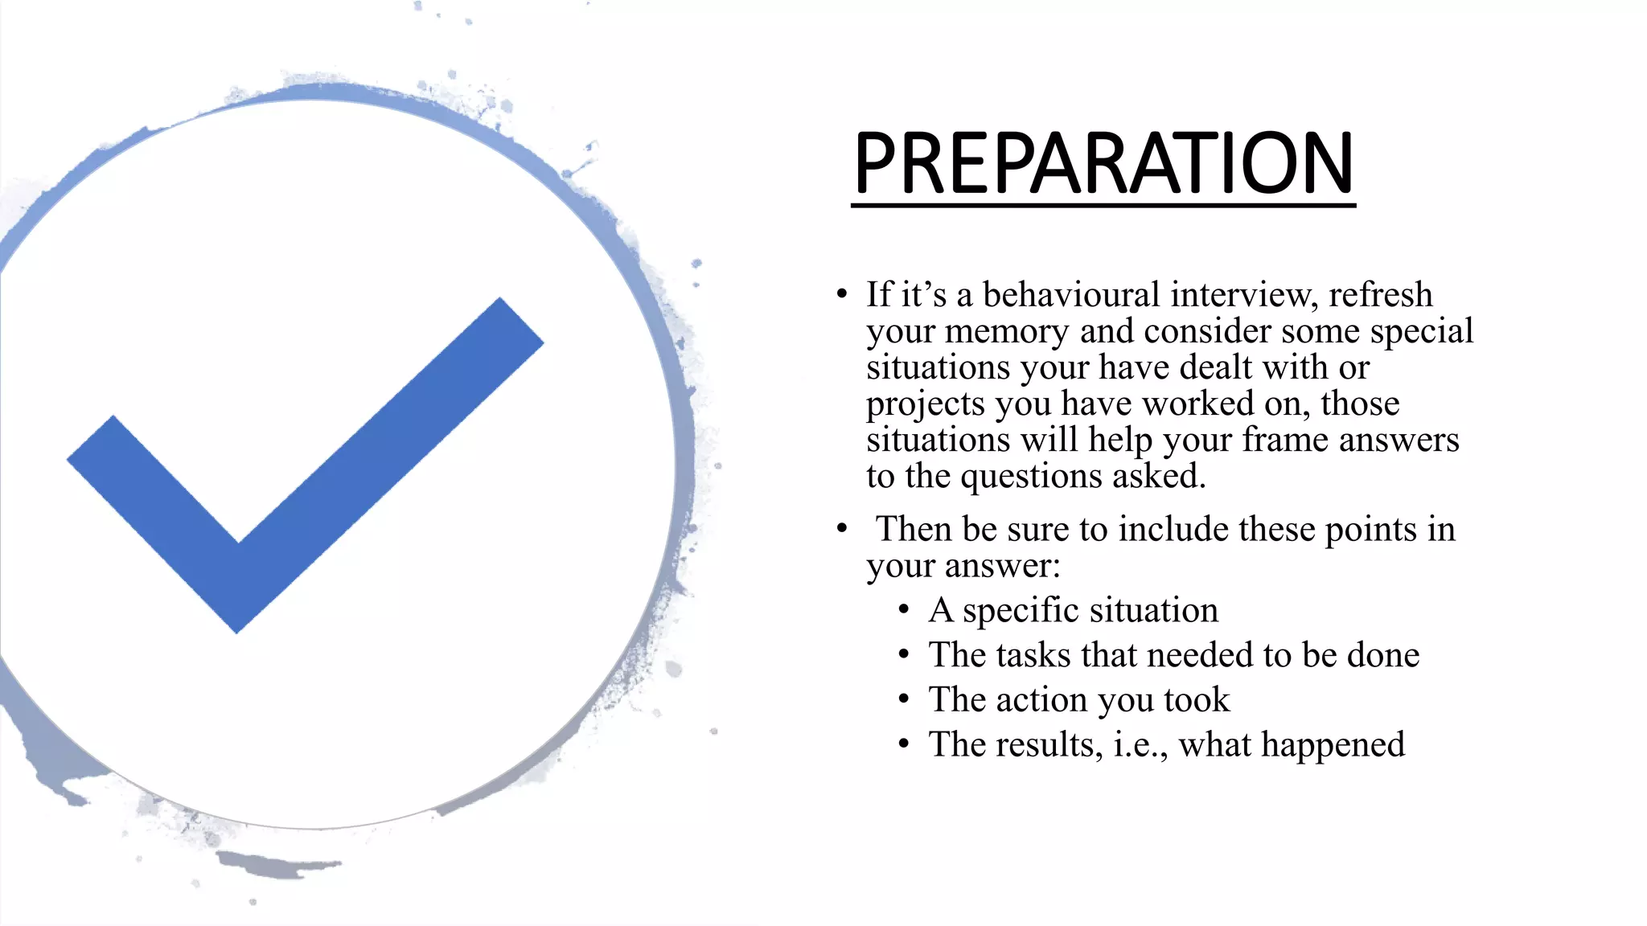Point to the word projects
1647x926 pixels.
pos(925,404)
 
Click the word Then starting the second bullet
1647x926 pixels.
pos(914,529)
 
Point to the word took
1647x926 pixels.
pos(1197,700)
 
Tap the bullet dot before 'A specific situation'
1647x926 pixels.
pos(904,610)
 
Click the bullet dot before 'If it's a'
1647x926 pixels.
pos(841,294)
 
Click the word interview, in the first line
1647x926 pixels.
pos(1244,295)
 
